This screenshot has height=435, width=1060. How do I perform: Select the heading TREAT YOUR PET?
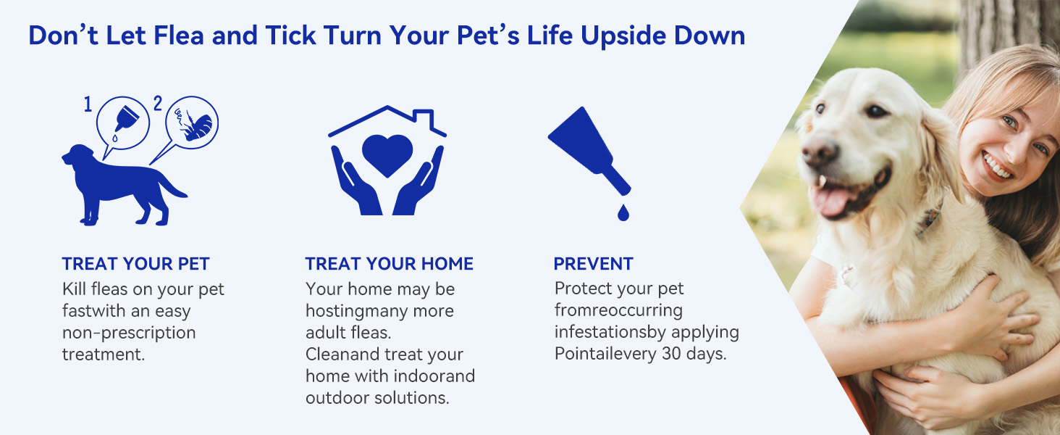[136, 264]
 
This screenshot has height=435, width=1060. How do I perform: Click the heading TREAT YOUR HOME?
[389, 264]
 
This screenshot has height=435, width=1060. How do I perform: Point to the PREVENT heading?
[594, 264]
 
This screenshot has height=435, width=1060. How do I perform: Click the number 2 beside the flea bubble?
[158, 103]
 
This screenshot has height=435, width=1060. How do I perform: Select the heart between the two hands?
[387, 154]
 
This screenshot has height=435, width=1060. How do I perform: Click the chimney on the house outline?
[424, 118]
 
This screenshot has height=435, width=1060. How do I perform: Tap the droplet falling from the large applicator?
[623, 212]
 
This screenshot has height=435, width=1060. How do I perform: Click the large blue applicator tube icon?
[589, 150]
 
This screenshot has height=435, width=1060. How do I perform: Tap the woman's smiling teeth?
[996, 166]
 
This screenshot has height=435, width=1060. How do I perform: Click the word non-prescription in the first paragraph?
[129, 333]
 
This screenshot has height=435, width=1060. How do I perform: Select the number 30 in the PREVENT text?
[672, 354]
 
